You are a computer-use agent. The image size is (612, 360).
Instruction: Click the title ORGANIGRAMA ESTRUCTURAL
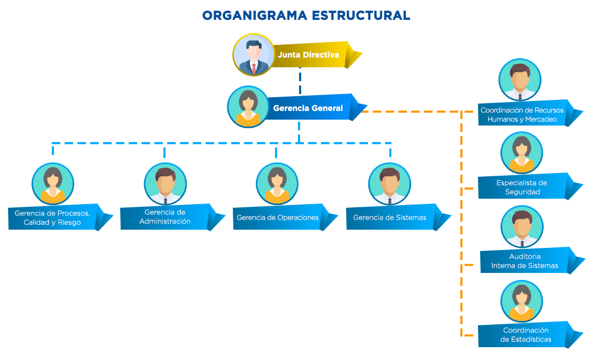tap(306, 15)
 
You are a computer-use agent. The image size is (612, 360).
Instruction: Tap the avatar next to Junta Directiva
tap(253, 55)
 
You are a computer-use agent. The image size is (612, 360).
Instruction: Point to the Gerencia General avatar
tap(248, 107)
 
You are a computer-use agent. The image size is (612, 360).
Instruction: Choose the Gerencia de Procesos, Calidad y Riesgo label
tap(52, 217)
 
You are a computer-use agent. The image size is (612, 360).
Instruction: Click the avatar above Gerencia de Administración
tap(165, 184)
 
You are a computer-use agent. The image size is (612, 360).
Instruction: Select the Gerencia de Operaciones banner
tap(278, 217)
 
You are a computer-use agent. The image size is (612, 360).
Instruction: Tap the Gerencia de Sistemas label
tap(390, 217)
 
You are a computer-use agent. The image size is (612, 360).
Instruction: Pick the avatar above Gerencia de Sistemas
tap(389, 184)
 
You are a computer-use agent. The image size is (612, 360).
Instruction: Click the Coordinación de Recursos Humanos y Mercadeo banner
tap(522, 115)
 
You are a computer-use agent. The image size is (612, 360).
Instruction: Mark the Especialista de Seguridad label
tap(522, 187)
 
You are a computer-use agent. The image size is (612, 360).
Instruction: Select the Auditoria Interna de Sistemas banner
tap(524, 261)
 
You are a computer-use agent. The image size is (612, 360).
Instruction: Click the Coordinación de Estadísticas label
tap(525, 335)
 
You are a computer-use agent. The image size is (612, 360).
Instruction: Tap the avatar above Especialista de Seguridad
tap(521, 153)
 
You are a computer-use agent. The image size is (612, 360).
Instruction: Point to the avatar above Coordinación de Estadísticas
tap(521, 301)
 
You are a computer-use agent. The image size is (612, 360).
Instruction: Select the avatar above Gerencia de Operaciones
tap(277, 184)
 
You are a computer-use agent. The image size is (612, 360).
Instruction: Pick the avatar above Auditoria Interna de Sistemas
tap(521, 226)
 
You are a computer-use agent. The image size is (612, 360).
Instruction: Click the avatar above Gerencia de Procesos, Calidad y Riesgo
tap(52, 184)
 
